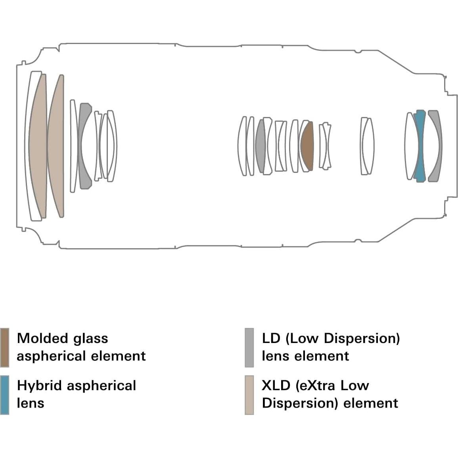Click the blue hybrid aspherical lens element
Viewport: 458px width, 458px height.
(x=420, y=146)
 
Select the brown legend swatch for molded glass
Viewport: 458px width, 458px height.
(x=4, y=348)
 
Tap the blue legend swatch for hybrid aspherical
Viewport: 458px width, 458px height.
(x=4, y=395)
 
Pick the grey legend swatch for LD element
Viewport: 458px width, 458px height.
(x=249, y=348)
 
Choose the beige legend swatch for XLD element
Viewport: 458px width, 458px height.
(x=249, y=395)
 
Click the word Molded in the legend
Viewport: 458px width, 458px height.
(x=42, y=338)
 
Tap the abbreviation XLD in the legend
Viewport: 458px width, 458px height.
(x=276, y=385)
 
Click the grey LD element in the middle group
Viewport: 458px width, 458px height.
(x=260, y=146)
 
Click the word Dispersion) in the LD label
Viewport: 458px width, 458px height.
(x=362, y=339)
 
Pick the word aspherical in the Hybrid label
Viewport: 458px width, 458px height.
(x=102, y=386)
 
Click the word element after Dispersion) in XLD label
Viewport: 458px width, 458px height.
(x=371, y=403)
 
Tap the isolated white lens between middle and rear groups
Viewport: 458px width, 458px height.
(x=367, y=146)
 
